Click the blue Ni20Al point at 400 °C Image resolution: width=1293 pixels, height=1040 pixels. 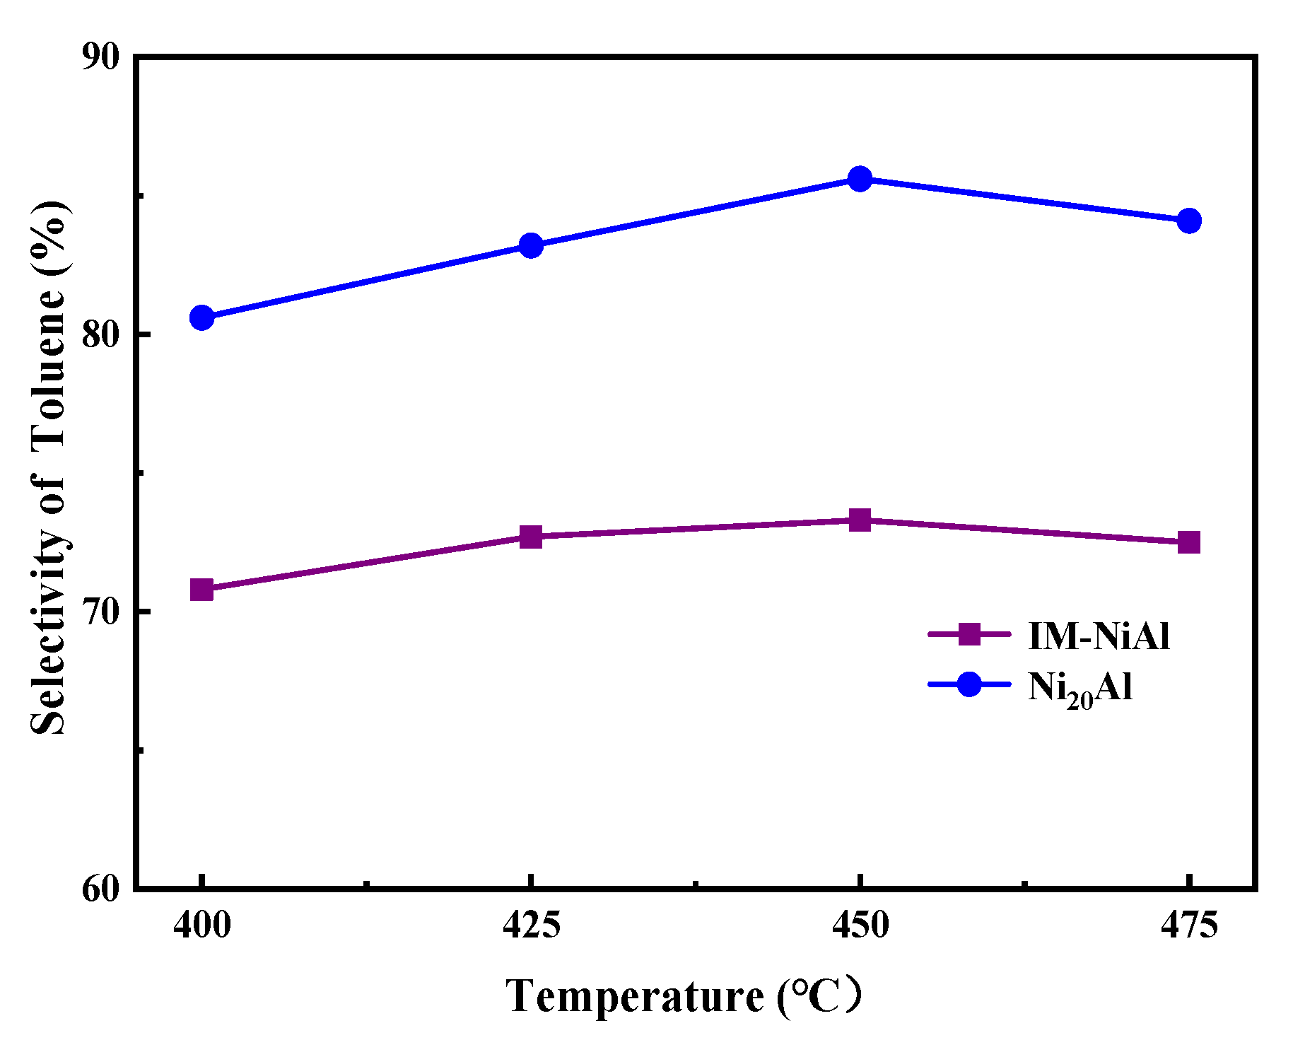coord(201,318)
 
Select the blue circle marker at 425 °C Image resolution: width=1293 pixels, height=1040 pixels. coord(531,245)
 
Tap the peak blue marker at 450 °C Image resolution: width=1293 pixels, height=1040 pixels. coord(860,179)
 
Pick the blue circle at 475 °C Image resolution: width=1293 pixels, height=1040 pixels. coord(1189,221)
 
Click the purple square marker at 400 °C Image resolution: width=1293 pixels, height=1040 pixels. coord(201,589)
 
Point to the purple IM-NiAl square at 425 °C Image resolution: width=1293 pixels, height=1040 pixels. coord(531,537)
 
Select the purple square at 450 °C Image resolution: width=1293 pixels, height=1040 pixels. coord(860,520)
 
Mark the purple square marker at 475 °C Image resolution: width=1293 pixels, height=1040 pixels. coord(1189,542)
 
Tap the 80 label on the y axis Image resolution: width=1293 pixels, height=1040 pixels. coord(101,335)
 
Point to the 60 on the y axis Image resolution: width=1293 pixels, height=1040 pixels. coord(101,889)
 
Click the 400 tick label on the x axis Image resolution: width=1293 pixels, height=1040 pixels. coord(202,925)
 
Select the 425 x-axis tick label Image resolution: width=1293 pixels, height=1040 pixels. coord(531,925)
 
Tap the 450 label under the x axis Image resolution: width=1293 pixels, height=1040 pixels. coord(860,925)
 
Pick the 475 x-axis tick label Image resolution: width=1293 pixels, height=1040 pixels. coord(1189,925)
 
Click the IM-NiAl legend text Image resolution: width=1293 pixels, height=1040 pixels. coord(1099,636)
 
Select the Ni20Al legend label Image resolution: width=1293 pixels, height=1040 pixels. coord(1080,687)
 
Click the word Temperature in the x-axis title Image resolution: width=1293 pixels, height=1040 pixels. coord(634,997)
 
